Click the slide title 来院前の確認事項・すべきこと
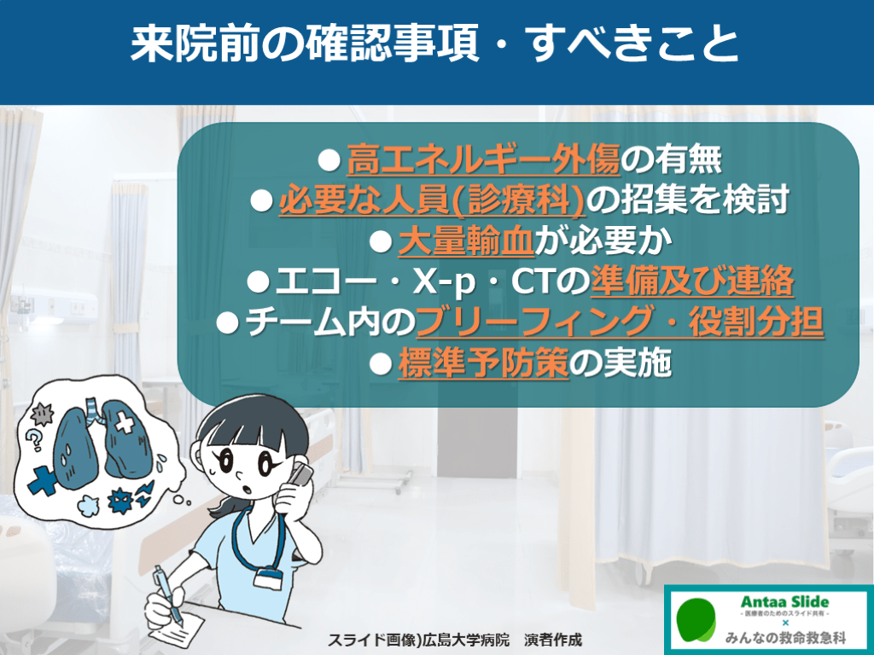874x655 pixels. [x=434, y=43]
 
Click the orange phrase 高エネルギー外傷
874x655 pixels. [x=483, y=159]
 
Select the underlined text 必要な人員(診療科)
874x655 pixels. [x=432, y=200]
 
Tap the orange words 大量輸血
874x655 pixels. [x=467, y=241]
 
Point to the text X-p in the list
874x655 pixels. [x=444, y=282]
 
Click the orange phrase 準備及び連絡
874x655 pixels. [x=692, y=281]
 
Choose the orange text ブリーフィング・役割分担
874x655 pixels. [x=620, y=322]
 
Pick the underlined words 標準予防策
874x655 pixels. [x=483, y=363]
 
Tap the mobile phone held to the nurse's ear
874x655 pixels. [x=300, y=474]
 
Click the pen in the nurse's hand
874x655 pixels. [x=168, y=594]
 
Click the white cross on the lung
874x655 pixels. [x=125, y=423]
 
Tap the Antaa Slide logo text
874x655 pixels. [x=784, y=602]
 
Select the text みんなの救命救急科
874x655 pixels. [x=785, y=637]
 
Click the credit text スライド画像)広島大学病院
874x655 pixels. [x=418, y=640]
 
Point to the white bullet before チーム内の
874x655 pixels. [x=227, y=323]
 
